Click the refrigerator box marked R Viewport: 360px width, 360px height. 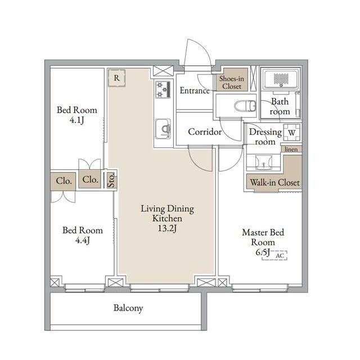click(x=116, y=78)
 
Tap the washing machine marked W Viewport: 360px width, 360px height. click(x=292, y=133)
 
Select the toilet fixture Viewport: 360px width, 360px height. click(x=245, y=106)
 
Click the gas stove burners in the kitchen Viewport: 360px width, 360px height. click(x=163, y=89)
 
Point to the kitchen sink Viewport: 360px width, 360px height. click(x=163, y=129)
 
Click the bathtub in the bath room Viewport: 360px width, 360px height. click(x=281, y=79)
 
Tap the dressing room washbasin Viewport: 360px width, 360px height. click(x=264, y=162)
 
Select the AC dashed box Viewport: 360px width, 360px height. click(x=274, y=255)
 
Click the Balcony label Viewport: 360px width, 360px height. click(x=128, y=308)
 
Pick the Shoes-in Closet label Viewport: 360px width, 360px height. click(x=232, y=83)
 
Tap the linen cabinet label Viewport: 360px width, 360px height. click(x=291, y=149)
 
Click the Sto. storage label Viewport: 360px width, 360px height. click(x=111, y=181)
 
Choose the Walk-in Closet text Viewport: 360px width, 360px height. click(x=275, y=183)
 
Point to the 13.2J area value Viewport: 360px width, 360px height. click(x=168, y=229)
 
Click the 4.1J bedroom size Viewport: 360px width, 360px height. click(x=77, y=120)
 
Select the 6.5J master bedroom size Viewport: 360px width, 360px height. click(x=263, y=253)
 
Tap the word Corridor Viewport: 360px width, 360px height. click(x=205, y=132)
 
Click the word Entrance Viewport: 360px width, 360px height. click(x=195, y=91)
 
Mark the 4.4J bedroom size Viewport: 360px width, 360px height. click(x=83, y=240)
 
